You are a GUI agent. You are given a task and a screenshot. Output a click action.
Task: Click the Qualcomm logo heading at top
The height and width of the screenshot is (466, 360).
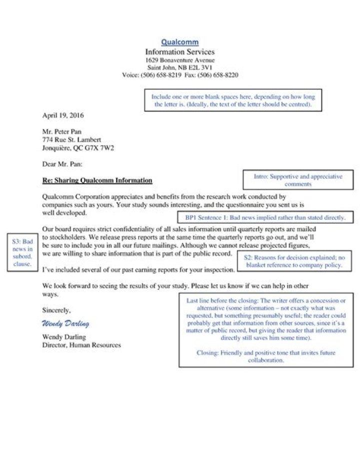(179, 42)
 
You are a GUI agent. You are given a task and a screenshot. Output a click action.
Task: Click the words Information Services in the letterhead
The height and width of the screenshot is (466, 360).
(179, 52)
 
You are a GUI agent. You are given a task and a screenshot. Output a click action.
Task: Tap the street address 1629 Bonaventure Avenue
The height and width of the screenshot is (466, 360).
(179, 60)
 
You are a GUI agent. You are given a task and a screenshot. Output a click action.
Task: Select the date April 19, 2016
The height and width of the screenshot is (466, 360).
(62, 115)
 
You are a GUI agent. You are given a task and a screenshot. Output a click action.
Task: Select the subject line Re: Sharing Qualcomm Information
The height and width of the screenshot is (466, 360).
(97, 180)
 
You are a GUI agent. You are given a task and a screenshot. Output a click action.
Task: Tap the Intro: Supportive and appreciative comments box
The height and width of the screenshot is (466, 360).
(297, 180)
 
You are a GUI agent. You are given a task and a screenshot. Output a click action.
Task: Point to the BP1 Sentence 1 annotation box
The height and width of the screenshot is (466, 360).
(265, 218)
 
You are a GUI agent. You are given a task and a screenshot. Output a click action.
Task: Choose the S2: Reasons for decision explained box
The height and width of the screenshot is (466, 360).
(294, 261)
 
